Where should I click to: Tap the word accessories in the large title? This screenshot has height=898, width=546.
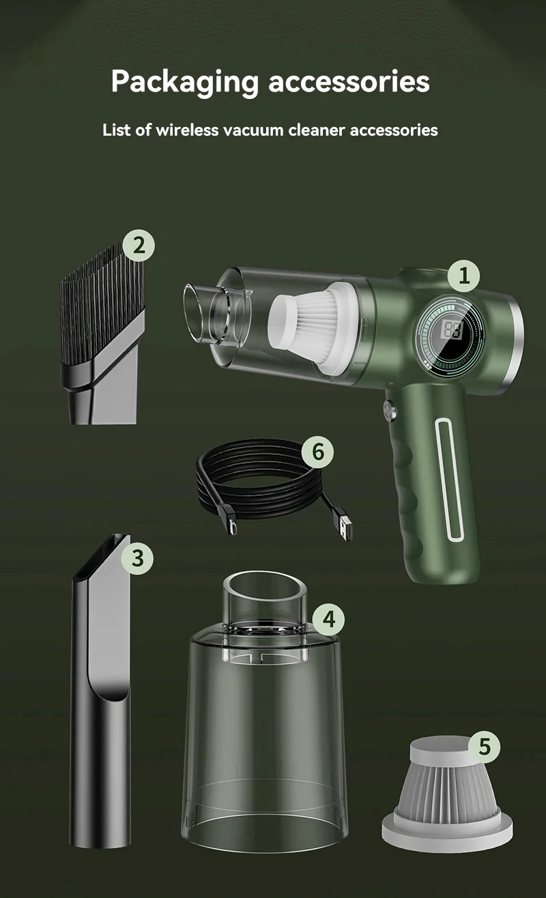pyautogui.click(x=349, y=81)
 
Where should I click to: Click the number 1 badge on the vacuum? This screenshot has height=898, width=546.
pyautogui.click(x=464, y=276)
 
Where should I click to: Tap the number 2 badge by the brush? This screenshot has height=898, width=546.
pyautogui.click(x=139, y=245)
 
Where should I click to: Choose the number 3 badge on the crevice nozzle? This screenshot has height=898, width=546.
pyautogui.click(x=138, y=557)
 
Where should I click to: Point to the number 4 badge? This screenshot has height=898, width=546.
pyautogui.click(x=329, y=620)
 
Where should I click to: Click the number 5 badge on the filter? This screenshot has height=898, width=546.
pyautogui.click(x=484, y=746)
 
